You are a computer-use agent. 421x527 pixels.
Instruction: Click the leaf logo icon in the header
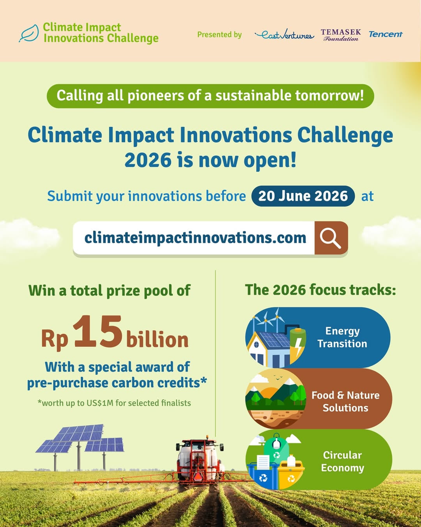[x=29, y=33]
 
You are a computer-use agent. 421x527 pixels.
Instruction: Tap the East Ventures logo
[x=284, y=35]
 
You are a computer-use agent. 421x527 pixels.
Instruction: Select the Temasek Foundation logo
[x=341, y=35]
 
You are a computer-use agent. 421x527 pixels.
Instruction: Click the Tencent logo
[x=385, y=34]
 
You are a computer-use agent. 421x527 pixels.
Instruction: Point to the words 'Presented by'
[x=219, y=35]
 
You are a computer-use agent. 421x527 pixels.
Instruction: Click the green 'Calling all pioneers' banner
[x=210, y=96]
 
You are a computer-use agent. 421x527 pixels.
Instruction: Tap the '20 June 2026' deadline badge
[x=303, y=196]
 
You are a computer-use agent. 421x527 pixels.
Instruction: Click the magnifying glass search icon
[x=331, y=238]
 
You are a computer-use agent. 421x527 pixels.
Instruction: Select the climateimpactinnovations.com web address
[x=195, y=238]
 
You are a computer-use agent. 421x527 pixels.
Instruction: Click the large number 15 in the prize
[x=97, y=332]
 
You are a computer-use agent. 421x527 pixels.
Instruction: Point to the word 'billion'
[x=157, y=339]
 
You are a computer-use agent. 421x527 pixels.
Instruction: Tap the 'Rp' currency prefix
[x=55, y=339]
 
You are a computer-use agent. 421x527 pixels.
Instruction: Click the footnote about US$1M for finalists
[x=114, y=403]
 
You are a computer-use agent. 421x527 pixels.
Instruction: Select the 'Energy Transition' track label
[x=342, y=337]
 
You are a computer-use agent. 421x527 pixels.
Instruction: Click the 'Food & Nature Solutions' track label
[x=345, y=401]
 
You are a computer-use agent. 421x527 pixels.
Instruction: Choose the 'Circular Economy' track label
[x=342, y=461]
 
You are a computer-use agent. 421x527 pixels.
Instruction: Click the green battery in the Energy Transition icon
[x=298, y=342]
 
